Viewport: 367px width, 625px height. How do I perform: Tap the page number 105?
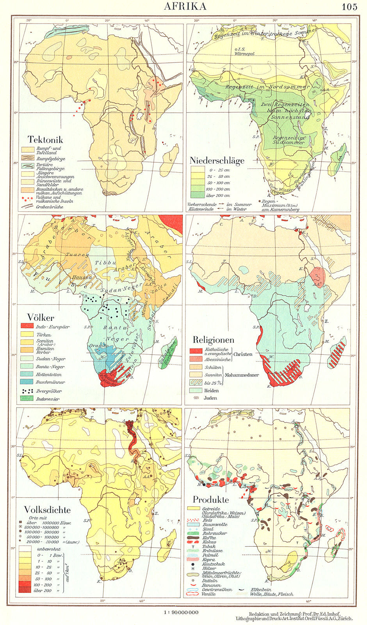[x=349, y=7]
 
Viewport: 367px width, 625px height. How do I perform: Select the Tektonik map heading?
[x=45, y=139]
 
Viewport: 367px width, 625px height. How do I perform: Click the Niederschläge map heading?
[x=217, y=160]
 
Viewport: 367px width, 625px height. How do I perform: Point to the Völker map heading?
[x=41, y=317]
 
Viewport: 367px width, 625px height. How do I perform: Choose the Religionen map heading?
[x=212, y=340]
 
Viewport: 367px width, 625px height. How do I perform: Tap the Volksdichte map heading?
[x=47, y=510]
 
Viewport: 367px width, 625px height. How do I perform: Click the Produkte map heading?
[x=210, y=500]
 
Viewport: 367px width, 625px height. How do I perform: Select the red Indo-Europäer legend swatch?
[x=27, y=326]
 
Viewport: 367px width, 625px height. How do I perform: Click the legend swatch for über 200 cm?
[x=198, y=195]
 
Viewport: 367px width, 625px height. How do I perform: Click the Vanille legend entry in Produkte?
[x=208, y=594]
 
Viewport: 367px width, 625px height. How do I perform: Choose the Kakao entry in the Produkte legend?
[x=208, y=542]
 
